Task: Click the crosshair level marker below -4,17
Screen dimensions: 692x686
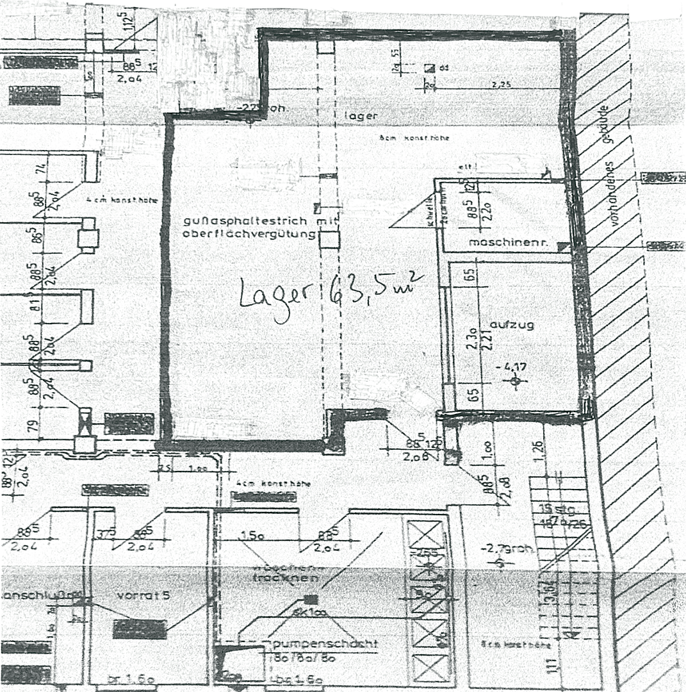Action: click(x=515, y=381)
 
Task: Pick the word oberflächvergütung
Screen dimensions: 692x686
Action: click(x=249, y=234)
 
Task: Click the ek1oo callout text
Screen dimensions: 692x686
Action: click(x=307, y=613)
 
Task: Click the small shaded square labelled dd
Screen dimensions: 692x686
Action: click(x=429, y=67)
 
